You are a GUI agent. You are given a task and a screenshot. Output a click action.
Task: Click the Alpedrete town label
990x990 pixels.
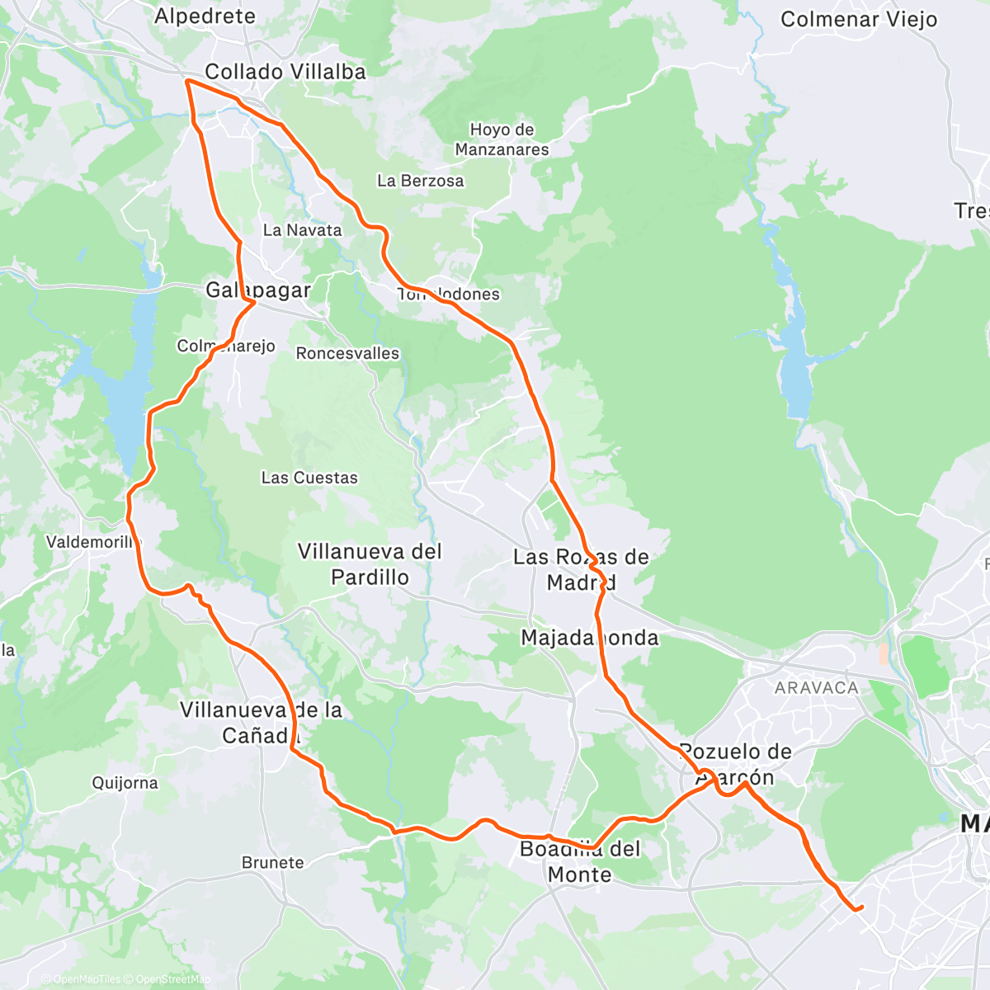(x=205, y=16)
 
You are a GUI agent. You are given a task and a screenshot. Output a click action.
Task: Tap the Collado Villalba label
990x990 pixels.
(x=285, y=72)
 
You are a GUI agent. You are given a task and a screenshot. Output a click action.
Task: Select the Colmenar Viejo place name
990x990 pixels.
(x=858, y=19)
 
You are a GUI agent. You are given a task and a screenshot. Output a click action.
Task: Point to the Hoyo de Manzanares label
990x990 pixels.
(x=502, y=139)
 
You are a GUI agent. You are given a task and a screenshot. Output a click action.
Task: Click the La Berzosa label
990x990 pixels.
(x=420, y=181)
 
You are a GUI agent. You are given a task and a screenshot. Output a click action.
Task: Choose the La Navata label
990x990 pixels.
(x=302, y=230)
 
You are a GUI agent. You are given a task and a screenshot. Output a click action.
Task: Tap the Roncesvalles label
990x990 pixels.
(x=347, y=353)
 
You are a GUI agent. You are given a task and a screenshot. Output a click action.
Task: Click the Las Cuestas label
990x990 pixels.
(x=309, y=478)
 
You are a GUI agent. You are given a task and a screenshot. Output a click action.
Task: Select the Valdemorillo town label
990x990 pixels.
(x=93, y=542)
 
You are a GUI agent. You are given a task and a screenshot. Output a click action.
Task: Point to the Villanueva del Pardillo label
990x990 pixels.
(x=370, y=564)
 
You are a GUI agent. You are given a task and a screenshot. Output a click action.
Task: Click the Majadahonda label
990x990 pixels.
(x=590, y=638)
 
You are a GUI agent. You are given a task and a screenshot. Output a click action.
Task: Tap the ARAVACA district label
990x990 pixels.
(x=816, y=687)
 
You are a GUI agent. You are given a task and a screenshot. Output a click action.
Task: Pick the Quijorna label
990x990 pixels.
(x=125, y=783)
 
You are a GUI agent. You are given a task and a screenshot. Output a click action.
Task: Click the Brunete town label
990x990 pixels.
(x=272, y=862)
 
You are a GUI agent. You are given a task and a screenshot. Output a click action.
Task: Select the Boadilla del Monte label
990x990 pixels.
(x=580, y=861)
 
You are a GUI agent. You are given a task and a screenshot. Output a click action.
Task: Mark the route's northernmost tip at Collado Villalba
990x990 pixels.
(x=187, y=81)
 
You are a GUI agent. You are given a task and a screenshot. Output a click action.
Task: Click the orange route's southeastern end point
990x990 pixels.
(x=861, y=907)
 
